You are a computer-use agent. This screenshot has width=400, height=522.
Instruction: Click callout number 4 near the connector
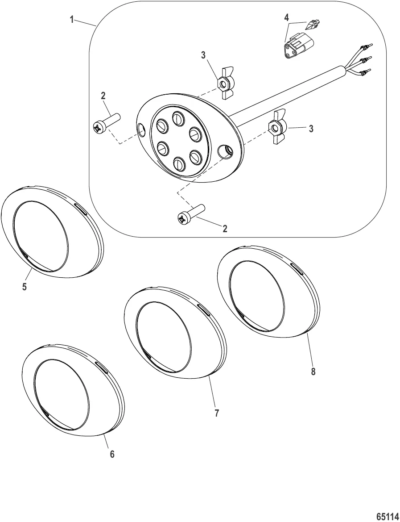(x=287, y=18)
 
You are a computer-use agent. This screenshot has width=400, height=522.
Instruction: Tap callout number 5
(x=25, y=287)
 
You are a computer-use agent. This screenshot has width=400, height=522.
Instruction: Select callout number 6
(x=112, y=454)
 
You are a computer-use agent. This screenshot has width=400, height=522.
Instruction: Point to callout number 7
(x=217, y=413)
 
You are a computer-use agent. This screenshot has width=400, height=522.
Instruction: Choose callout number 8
(x=313, y=372)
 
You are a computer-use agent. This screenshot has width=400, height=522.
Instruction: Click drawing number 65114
(x=387, y=516)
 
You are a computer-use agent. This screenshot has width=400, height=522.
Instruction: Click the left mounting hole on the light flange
(x=142, y=130)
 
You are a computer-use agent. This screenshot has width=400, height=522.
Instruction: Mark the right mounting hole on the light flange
(x=226, y=152)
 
